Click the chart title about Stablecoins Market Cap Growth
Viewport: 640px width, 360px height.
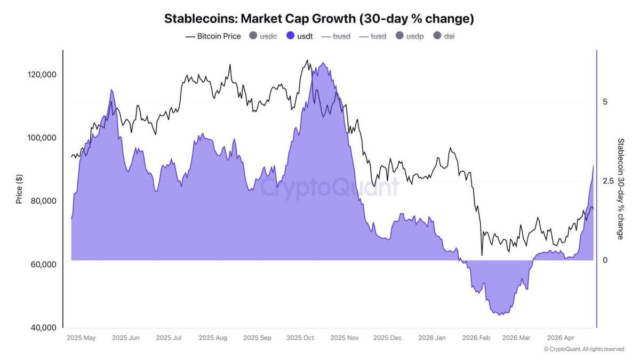319,19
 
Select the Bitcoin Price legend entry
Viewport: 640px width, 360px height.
213,36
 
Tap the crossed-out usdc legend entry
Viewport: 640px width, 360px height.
263,36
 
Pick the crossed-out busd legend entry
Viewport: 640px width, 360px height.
336,36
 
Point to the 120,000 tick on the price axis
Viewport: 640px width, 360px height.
42,75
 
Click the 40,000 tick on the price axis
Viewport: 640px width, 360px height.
42,327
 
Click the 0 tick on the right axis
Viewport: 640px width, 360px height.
605,260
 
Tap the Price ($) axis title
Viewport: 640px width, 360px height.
19,189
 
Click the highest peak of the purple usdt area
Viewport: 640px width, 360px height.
322,63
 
